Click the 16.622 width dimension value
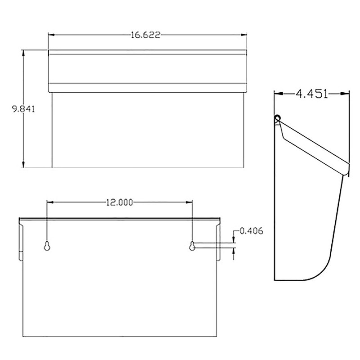[x=146, y=35]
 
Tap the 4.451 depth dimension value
[x=311, y=94]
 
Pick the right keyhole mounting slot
[x=192, y=246]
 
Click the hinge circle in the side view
[x=278, y=118]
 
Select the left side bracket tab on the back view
[x=21, y=241]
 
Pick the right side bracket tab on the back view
[x=219, y=241]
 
